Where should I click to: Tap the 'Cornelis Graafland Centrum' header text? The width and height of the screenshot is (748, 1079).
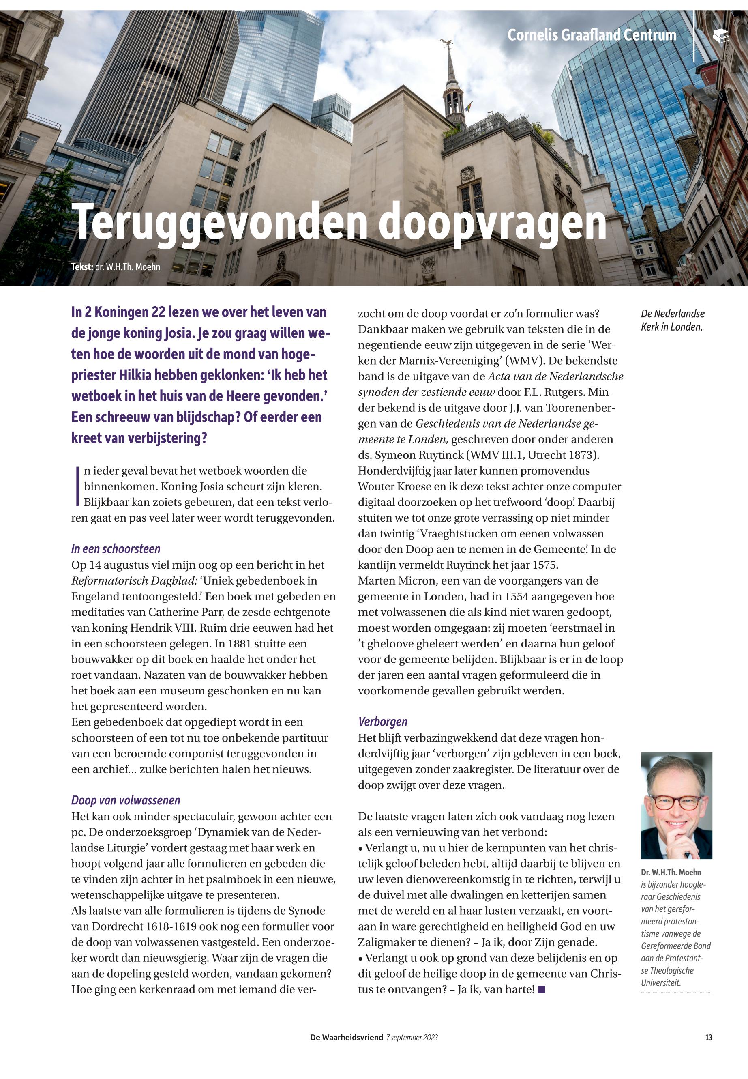tap(592, 35)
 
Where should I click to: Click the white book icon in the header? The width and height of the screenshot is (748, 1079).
tap(721, 36)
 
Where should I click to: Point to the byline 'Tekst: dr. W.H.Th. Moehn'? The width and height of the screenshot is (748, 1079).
tap(116, 267)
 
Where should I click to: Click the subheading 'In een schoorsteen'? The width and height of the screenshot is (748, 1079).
tap(116, 549)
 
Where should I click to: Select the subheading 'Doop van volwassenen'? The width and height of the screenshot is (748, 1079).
tap(126, 800)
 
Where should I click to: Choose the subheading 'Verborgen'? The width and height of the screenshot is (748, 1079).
tap(382, 722)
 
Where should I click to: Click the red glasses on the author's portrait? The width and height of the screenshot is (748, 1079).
tap(676, 802)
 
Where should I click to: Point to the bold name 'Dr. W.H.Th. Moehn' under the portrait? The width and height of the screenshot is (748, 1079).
tap(671, 872)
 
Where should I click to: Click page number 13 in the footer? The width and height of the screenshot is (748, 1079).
tap(708, 1038)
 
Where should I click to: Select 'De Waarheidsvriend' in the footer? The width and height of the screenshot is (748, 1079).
tap(346, 1038)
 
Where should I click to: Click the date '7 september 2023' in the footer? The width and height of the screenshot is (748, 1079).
tap(412, 1038)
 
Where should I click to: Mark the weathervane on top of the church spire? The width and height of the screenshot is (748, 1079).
tap(447, 45)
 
